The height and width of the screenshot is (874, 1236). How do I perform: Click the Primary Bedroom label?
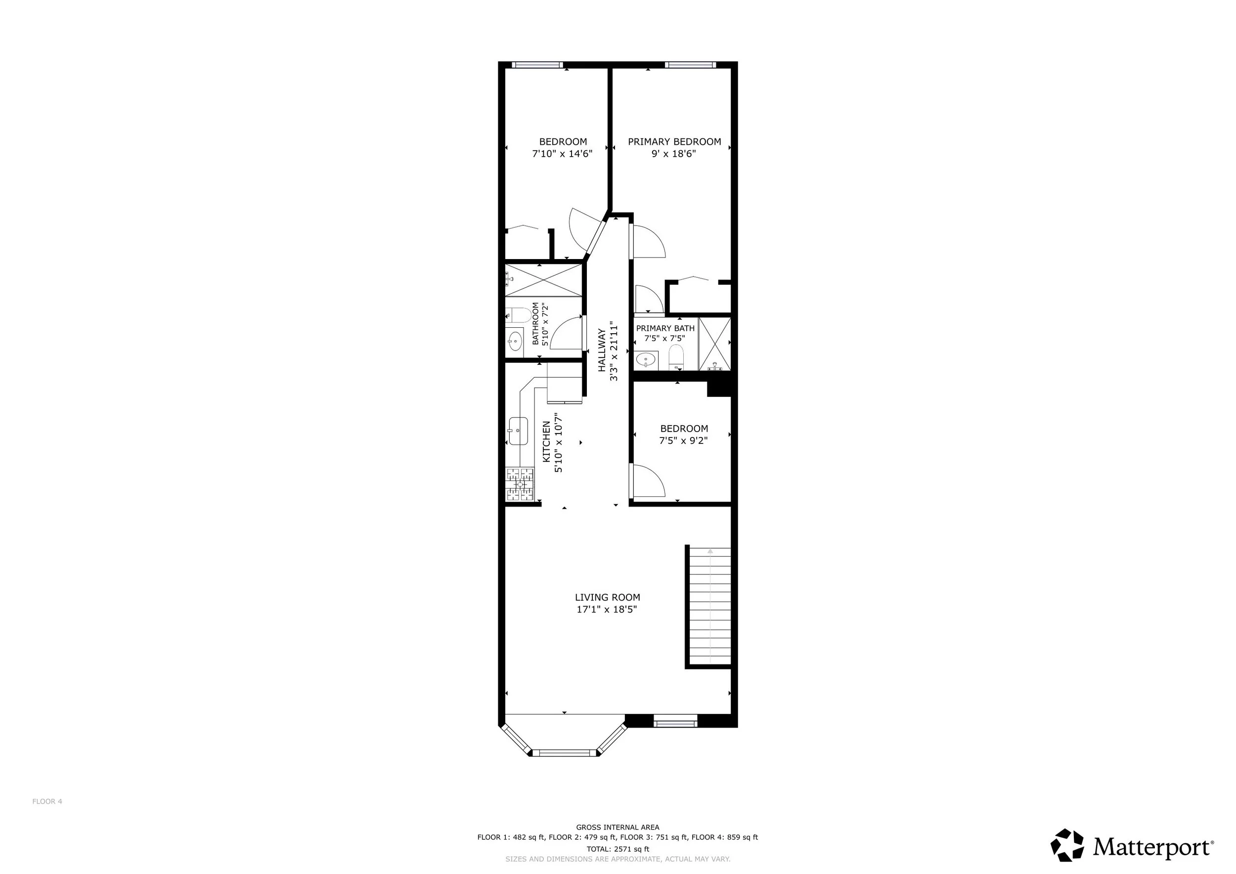tap(674, 142)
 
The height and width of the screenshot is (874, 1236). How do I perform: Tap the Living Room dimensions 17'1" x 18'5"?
tap(607, 610)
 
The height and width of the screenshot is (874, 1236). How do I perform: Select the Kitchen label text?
tap(546, 442)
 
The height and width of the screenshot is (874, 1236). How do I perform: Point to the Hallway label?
tap(602, 350)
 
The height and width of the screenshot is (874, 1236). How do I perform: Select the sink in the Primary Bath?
tap(646, 359)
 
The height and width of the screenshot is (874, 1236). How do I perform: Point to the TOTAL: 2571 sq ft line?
tap(618, 849)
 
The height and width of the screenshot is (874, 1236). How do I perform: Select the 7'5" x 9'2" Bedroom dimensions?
tap(684, 441)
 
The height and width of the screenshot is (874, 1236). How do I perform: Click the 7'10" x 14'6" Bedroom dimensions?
tap(563, 154)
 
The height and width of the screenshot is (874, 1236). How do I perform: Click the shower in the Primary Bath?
tap(715, 344)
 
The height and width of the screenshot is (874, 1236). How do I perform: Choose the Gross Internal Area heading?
tap(618, 828)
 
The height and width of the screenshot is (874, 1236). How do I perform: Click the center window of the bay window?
tap(564, 753)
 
